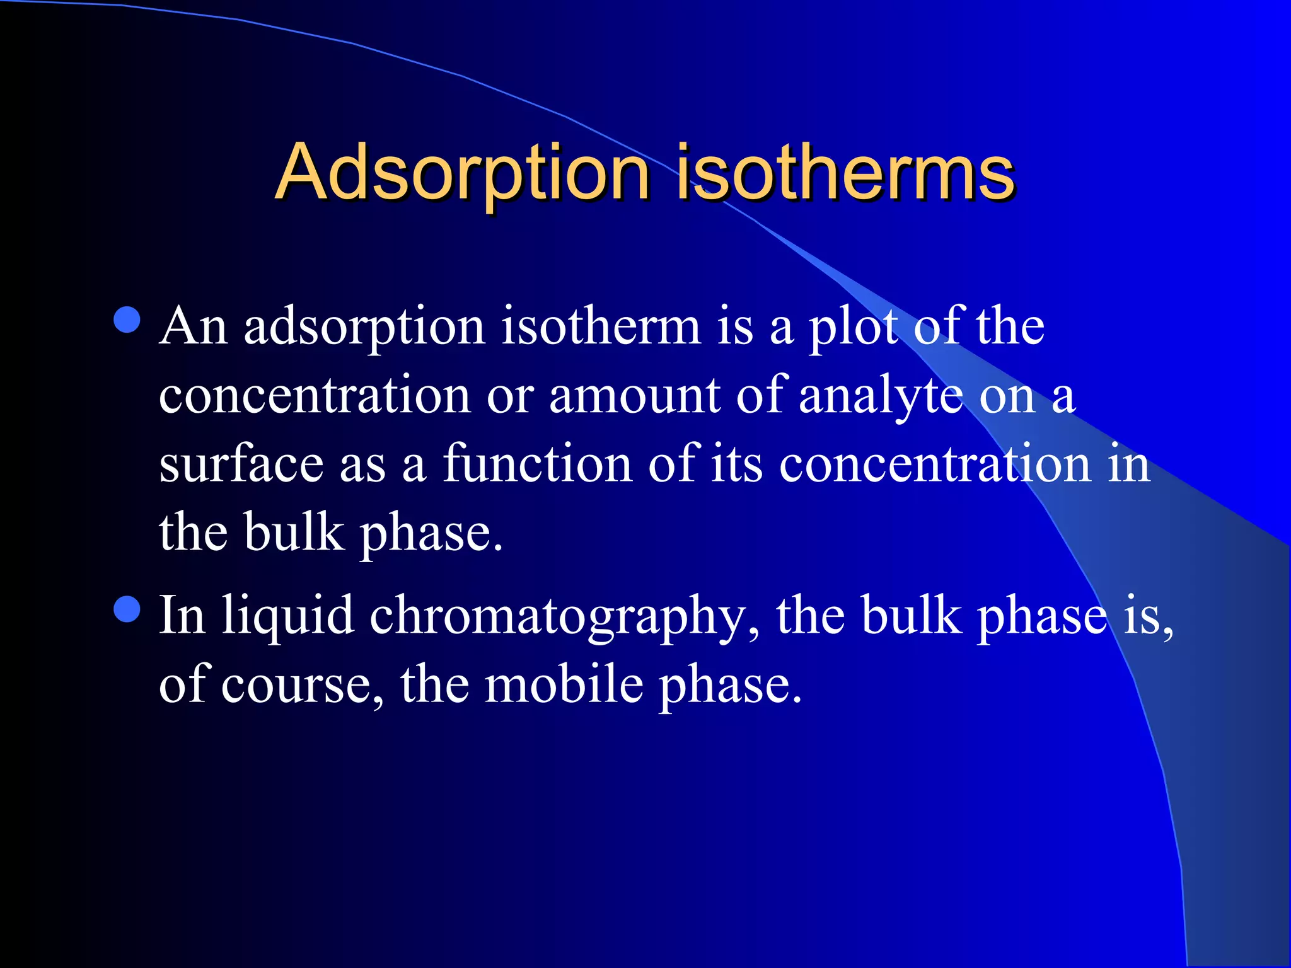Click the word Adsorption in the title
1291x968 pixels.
coord(462,173)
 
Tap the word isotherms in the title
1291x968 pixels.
coord(845,173)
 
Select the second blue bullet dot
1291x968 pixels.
coord(127,609)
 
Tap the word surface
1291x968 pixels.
coord(241,465)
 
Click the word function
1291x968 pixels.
coord(537,465)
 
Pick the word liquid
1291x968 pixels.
coord(287,616)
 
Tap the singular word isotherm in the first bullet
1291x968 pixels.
coord(601,328)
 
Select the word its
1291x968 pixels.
coord(737,465)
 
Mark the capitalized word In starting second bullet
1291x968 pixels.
coord(182,616)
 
